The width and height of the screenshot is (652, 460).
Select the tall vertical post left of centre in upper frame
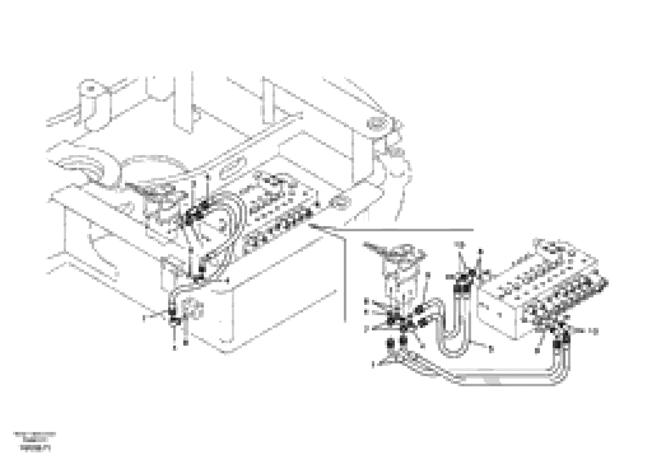(183, 105)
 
